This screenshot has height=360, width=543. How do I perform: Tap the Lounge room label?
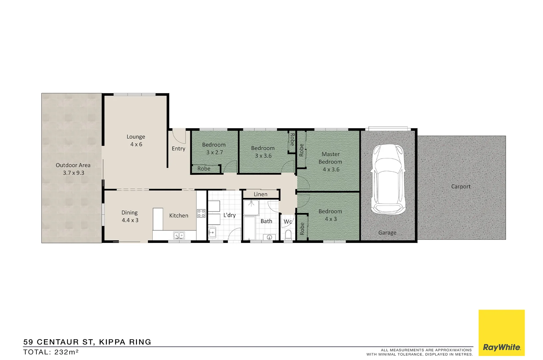click(136, 137)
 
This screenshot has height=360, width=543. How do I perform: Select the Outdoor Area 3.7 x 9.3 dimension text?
click(73, 173)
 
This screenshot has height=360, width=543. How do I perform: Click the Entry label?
click(178, 149)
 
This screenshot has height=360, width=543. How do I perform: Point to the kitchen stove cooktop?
click(201, 213)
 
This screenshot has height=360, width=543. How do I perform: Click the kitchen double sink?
click(179, 236)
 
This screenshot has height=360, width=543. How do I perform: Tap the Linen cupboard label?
click(260, 194)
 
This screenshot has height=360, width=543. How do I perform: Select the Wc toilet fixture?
click(288, 235)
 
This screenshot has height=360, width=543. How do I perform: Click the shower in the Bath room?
click(251, 207)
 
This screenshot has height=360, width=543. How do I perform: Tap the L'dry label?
click(229, 215)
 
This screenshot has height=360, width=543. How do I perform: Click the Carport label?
click(461, 187)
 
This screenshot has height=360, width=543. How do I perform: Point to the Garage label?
click(387, 233)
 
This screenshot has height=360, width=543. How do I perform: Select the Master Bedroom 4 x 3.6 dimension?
click(331, 169)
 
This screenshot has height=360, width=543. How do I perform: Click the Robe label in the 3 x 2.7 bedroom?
click(204, 169)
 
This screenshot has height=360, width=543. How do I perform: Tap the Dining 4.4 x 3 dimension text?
click(130, 220)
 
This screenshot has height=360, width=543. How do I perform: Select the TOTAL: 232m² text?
click(51, 352)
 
